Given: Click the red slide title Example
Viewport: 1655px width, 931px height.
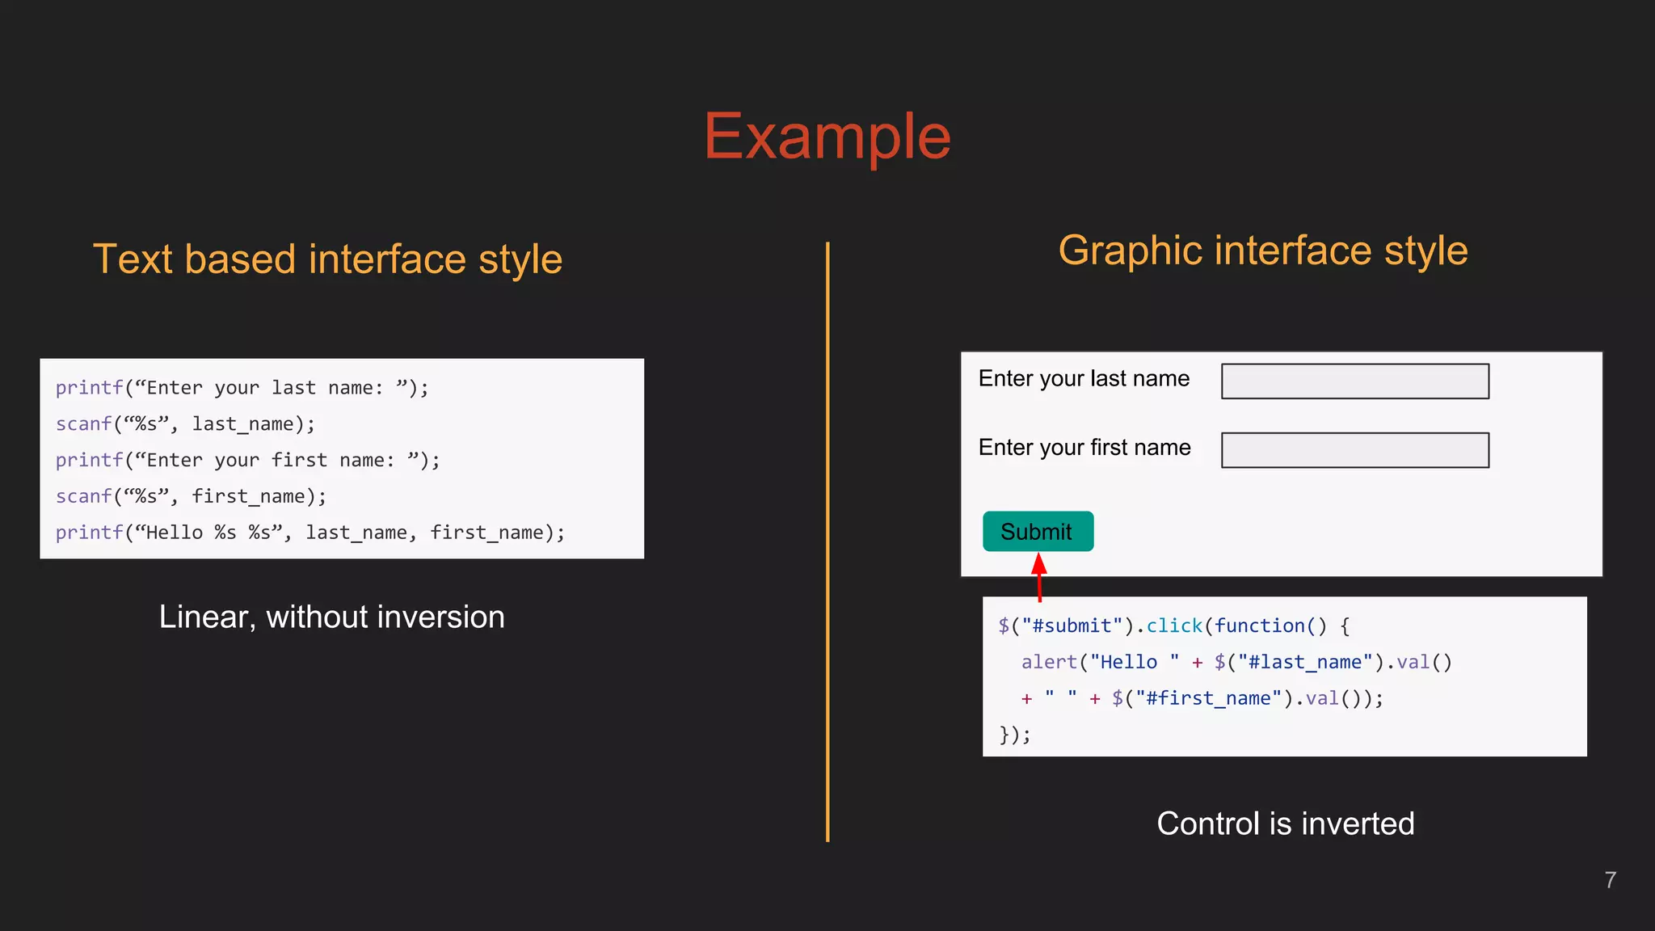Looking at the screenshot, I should click(x=827, y=137).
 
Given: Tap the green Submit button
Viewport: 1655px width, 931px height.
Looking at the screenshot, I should click(x=1038, y=531).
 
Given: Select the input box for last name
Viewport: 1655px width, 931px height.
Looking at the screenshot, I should click(x=1354, y=381).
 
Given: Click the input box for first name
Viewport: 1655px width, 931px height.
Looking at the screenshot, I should click(x=1354, y=450).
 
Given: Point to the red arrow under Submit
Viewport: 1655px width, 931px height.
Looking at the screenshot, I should click(x=1039, y=576).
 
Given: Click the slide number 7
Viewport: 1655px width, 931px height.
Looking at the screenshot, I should click(x=1610, y=880).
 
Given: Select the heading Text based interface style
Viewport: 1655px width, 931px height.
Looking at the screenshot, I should click(x=327, y=259).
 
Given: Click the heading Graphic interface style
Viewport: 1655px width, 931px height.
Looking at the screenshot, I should click(x=1262, y=251).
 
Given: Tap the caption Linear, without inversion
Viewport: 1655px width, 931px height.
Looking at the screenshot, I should click(x=331, y=617).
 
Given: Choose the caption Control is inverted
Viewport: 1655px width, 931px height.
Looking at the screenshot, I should click(x=1285, y=824).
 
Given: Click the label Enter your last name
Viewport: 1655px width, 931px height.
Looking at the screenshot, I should click(x=1084, y=378).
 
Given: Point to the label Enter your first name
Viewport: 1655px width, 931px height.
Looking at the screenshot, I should click(x=1084, y=447).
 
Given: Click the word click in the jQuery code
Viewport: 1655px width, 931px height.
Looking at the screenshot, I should click(x=1173, y=626).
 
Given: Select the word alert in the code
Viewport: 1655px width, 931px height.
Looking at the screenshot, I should click(x=1049, y=662).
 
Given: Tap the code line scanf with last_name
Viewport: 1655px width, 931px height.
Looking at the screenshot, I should click(x=185, y=423).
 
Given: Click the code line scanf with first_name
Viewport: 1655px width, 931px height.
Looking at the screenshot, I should click(x=191, y=496).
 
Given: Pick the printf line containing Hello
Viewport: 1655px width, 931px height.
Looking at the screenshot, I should click(x=310, y=533).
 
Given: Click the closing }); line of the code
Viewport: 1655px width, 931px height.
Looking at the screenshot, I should click(x=1015, y=735).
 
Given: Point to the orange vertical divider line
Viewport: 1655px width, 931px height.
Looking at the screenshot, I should click(x=827, y=541).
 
